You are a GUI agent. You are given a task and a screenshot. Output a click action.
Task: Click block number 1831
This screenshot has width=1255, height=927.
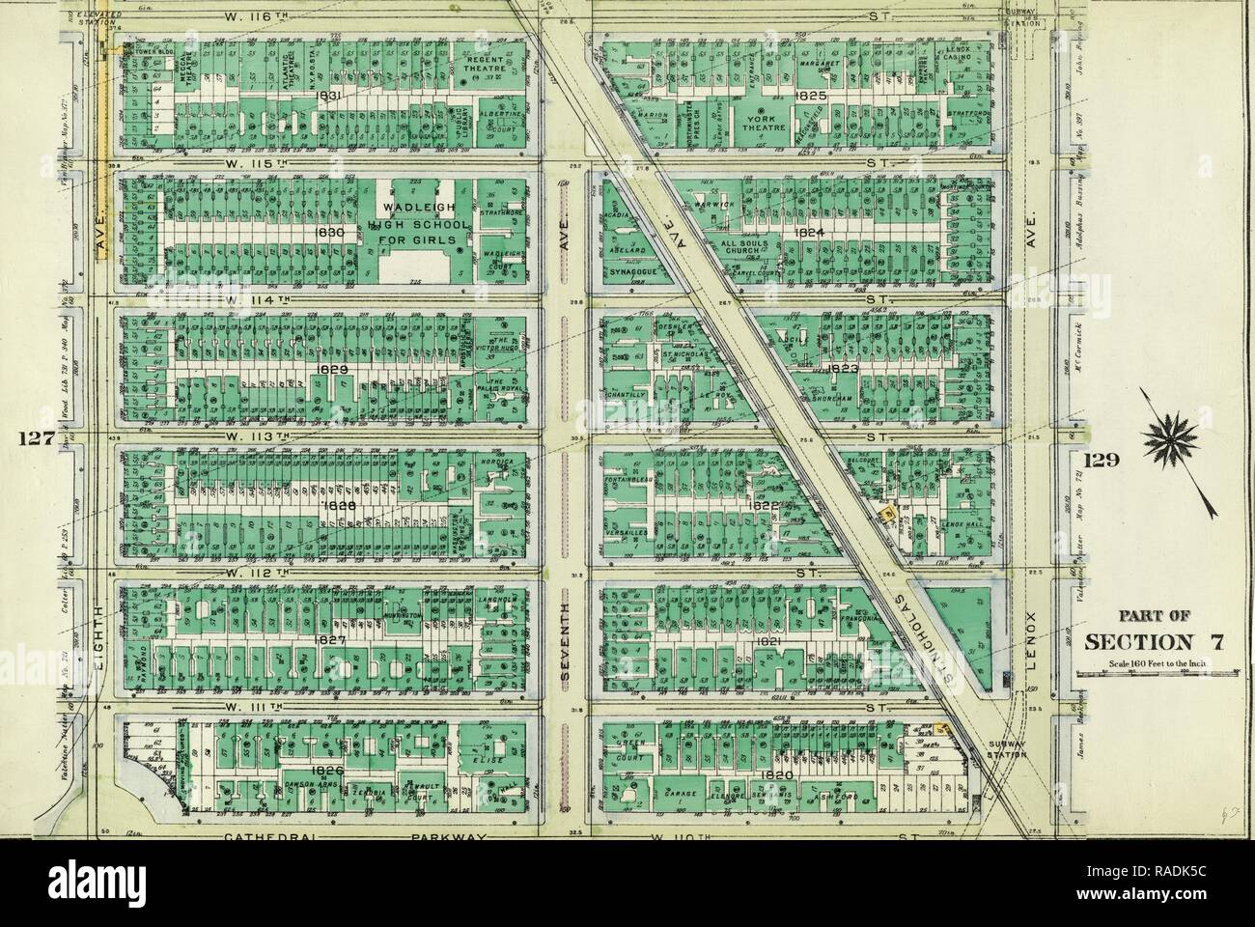point(327,97)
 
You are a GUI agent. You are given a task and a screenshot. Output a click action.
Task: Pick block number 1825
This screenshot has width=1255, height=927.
point(809,97)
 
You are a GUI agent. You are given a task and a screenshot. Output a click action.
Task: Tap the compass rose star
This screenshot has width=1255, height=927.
point(1174,445)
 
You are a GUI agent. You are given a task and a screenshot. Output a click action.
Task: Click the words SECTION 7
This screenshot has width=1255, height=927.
point(1150,643)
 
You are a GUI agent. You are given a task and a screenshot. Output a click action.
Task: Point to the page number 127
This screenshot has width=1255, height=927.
point(34,437)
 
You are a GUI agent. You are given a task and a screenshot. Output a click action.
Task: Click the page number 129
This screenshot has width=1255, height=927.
point(1101,460)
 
